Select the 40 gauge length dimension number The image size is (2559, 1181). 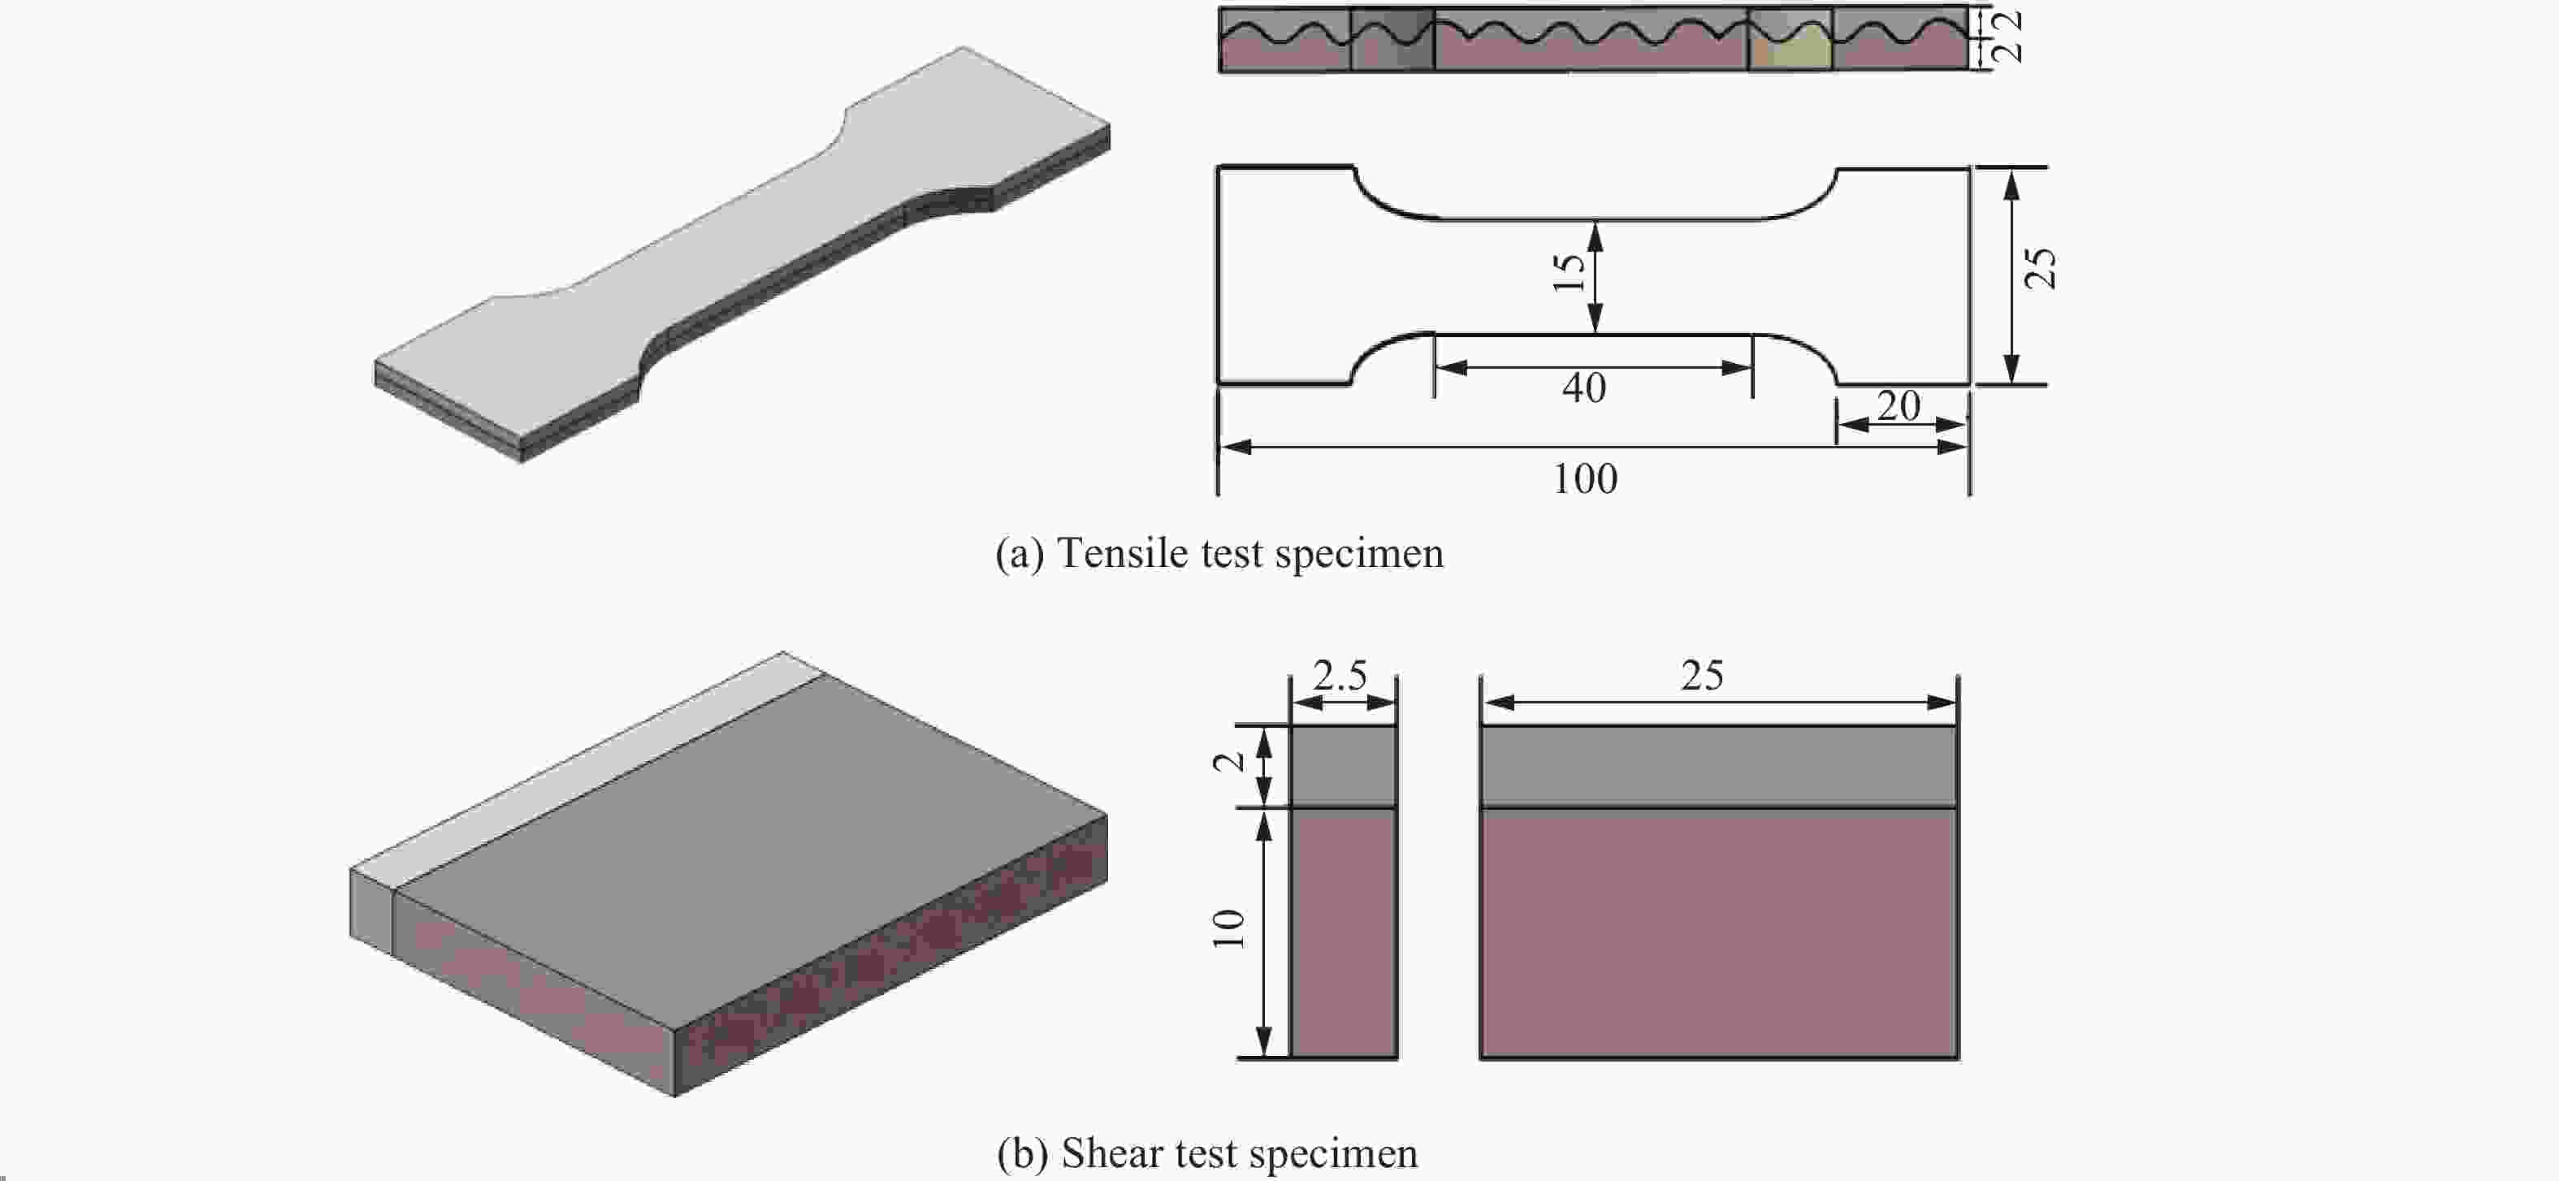1583,388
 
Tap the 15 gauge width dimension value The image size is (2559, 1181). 1569,272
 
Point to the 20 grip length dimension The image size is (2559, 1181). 1899,406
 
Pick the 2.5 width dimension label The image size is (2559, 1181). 1340,677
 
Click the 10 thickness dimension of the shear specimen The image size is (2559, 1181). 1229,928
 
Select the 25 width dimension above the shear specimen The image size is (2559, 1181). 1702,677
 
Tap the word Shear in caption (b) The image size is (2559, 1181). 1111,1154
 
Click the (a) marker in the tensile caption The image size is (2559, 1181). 1020,554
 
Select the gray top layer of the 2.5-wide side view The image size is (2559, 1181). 1343,765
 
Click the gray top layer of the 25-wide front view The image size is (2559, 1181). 1718,765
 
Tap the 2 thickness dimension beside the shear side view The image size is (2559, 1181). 1229,762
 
